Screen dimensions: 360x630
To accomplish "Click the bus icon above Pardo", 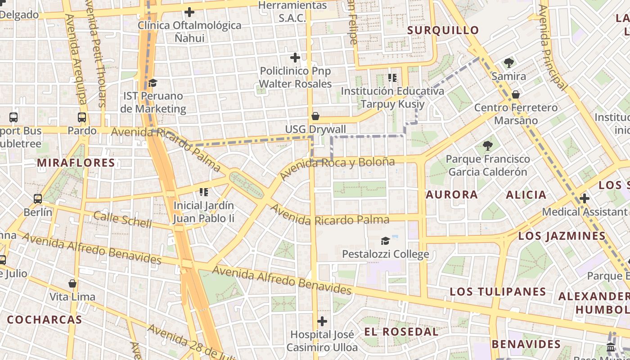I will (x=82, y=117).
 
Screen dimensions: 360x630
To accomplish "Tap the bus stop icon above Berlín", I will (x=38, y=198).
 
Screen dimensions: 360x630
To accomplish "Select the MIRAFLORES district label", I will (x=76, y=163).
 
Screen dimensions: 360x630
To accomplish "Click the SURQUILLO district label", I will (x=443, y=31).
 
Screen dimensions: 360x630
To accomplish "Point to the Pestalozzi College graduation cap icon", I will (x=385, y=241).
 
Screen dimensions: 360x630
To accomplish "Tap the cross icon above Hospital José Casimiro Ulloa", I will (x=322, y=321).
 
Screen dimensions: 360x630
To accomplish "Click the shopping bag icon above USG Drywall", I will (x=315, y=117).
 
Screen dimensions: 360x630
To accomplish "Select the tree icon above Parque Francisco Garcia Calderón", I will (x=487, y=146).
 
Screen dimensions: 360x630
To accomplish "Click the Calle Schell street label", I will (x=122, y=220).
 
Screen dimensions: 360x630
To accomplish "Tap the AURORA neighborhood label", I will (x=451, y=195).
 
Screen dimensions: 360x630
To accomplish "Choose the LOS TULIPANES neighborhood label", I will (x=498, y=292).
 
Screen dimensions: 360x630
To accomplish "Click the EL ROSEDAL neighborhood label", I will (x=401, y=332).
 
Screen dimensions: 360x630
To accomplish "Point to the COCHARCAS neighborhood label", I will (x=45, y=320).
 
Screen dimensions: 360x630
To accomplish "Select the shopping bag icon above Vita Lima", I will (x=72, y=284).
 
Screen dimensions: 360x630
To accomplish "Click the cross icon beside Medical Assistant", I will (x=585, y=198).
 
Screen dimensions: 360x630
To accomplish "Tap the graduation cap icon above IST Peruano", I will (x=153, y=83).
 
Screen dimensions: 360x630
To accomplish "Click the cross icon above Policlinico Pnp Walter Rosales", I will (x=295, y=58).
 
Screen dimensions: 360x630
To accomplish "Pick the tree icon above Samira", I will (x=509, y=63).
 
